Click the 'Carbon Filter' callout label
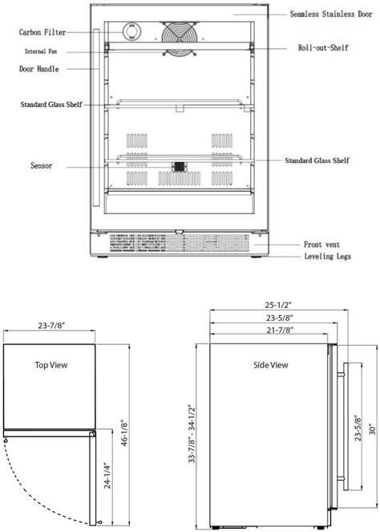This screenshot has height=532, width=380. (x=42, y=32)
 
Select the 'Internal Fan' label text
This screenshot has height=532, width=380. (x=41, y=51)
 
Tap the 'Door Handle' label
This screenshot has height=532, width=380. (x=40, y=69)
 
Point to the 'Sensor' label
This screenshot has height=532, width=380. (x=41, y=166)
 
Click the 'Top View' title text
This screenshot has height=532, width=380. (x=51, y=364)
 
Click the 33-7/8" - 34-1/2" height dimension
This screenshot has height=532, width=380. (x=191, y=433)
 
